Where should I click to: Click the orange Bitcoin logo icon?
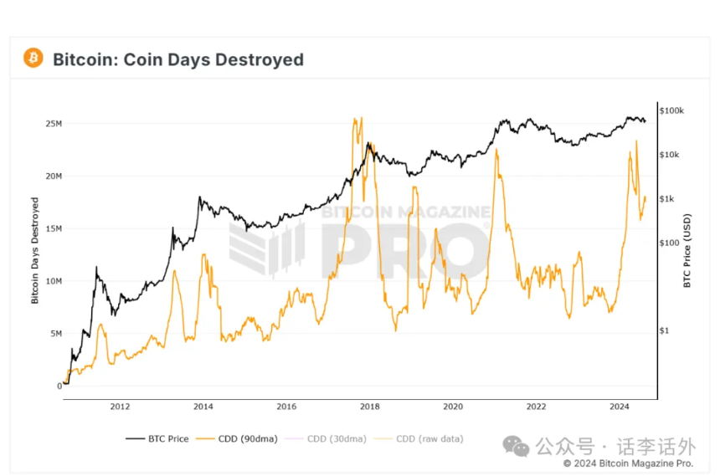click(x=33, y=58)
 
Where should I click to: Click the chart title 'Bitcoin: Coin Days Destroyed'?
click(x=178, y=59)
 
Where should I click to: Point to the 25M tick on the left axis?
click(x=54, y=124)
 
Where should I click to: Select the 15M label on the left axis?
click(x=54, y=228)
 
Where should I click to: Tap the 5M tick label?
click(x=56, y=334)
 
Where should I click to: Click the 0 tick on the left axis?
click(x=59, y=386)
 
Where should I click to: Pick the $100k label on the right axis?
click(x=671, y=110)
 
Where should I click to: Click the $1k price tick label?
click(x=666, y=199)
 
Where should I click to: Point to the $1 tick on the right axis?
click(x=664, y=330)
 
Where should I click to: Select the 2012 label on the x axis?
click(x=120, y=407)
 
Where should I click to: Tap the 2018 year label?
click(x=370, y=407)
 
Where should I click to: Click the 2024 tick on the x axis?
click(x=620, y=407)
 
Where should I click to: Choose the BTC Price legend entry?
click(x=157, y=439)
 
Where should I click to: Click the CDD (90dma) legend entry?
click(x=236, y=439)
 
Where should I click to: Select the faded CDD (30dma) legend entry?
click(x=326, y=439)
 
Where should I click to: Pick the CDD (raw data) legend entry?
click(x=419, y=439)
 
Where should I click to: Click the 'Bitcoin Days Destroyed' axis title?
click(x=35, y=251)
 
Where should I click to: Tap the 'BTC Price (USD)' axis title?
click(x=687, y=251)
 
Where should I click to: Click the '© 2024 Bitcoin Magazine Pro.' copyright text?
click(x=628, y=463)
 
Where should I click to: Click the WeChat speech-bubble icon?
click(x=516, y=446)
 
